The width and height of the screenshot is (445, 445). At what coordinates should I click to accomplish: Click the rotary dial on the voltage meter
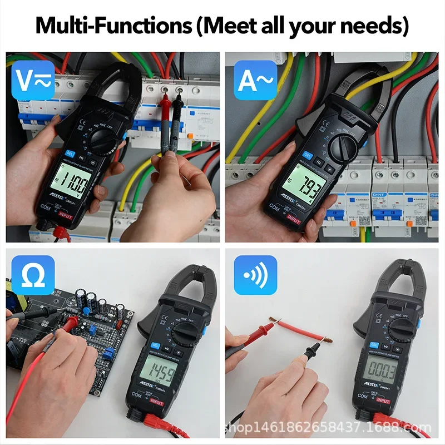tap(102, 137)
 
